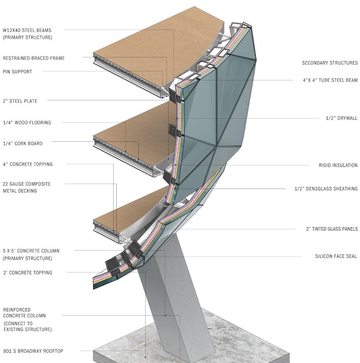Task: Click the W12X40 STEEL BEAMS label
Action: click(x=27, y=34)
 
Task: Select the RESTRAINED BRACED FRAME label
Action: click(x=34, y=58)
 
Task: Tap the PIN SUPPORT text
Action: click(x=17, y=72)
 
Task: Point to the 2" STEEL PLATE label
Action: click(x=20, y=101)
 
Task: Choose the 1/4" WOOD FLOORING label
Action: click(x=27, y=123)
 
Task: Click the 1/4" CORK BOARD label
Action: click(x=23, y=143)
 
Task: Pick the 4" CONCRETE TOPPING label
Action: click(x=28, y=164)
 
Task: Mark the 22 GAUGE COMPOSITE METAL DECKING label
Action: click(x=27, y=187)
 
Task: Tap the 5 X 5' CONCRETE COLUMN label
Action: click(x=31, y=254)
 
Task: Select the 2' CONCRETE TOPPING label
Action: click(x=28, y=273)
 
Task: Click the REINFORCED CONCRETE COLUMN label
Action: click(x=27, y=319)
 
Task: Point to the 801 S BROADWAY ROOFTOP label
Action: click(x=33, y=351)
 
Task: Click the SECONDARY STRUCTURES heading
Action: click(x=330, y=63)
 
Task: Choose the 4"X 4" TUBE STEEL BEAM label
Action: click(x=330, y=80)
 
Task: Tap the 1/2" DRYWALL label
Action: click(x=341, y=118)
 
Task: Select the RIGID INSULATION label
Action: click(x=338, y=165)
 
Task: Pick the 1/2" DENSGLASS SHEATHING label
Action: click(x=326, y=189)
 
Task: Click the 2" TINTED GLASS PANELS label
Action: click(x=332, y=229)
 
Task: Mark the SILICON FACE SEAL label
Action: click(x=336, y=256)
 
